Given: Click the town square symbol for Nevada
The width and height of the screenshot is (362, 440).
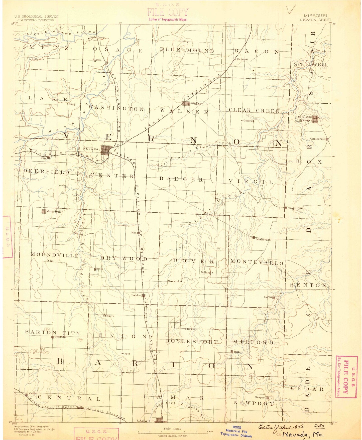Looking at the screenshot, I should (x=105, y=150).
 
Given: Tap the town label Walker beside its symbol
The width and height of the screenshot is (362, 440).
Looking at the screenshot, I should (x=197, y=104).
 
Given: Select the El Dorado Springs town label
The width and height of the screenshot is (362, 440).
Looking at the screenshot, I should (x=305, y=119).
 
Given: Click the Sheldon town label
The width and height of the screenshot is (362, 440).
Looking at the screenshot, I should (x=136, y=295).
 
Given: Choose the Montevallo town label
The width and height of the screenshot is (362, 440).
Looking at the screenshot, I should (x=264, y=240).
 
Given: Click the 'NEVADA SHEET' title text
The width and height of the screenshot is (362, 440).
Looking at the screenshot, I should (x=315, y=20).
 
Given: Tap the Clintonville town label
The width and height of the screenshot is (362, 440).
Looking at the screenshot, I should (x=317, y=139).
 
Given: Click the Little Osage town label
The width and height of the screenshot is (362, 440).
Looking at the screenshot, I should (x=98, y=38).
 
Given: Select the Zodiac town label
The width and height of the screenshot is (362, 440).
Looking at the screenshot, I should (x=268, y=297).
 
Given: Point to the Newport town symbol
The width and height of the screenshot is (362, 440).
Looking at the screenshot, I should (x=268, y=398).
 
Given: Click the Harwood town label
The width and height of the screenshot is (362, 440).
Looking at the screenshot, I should (x=243, y=59).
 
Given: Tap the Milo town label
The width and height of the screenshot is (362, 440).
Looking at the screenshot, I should (x=134, y=233).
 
